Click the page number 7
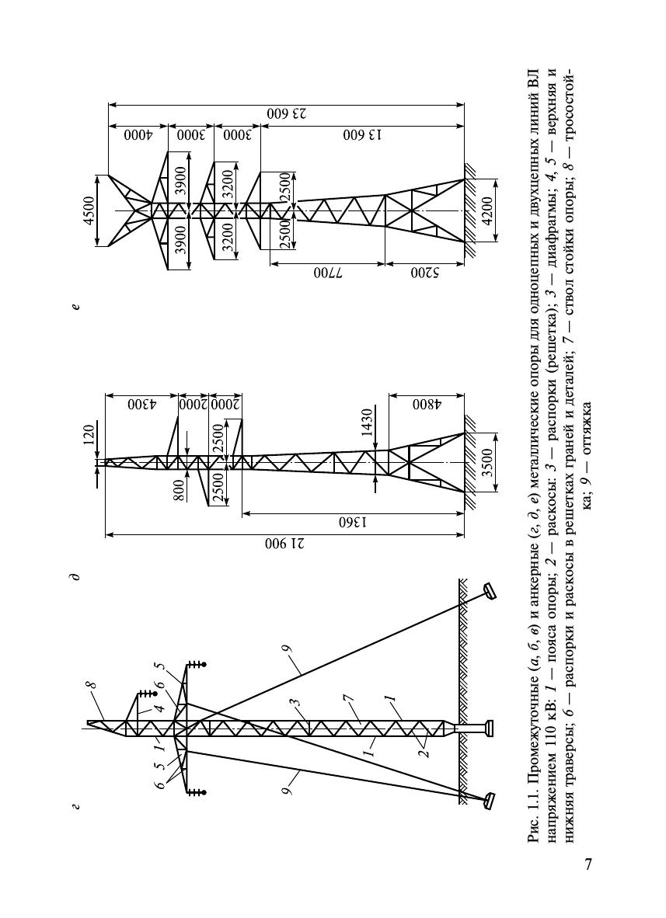(589, 864)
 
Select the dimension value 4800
(427, 405)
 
